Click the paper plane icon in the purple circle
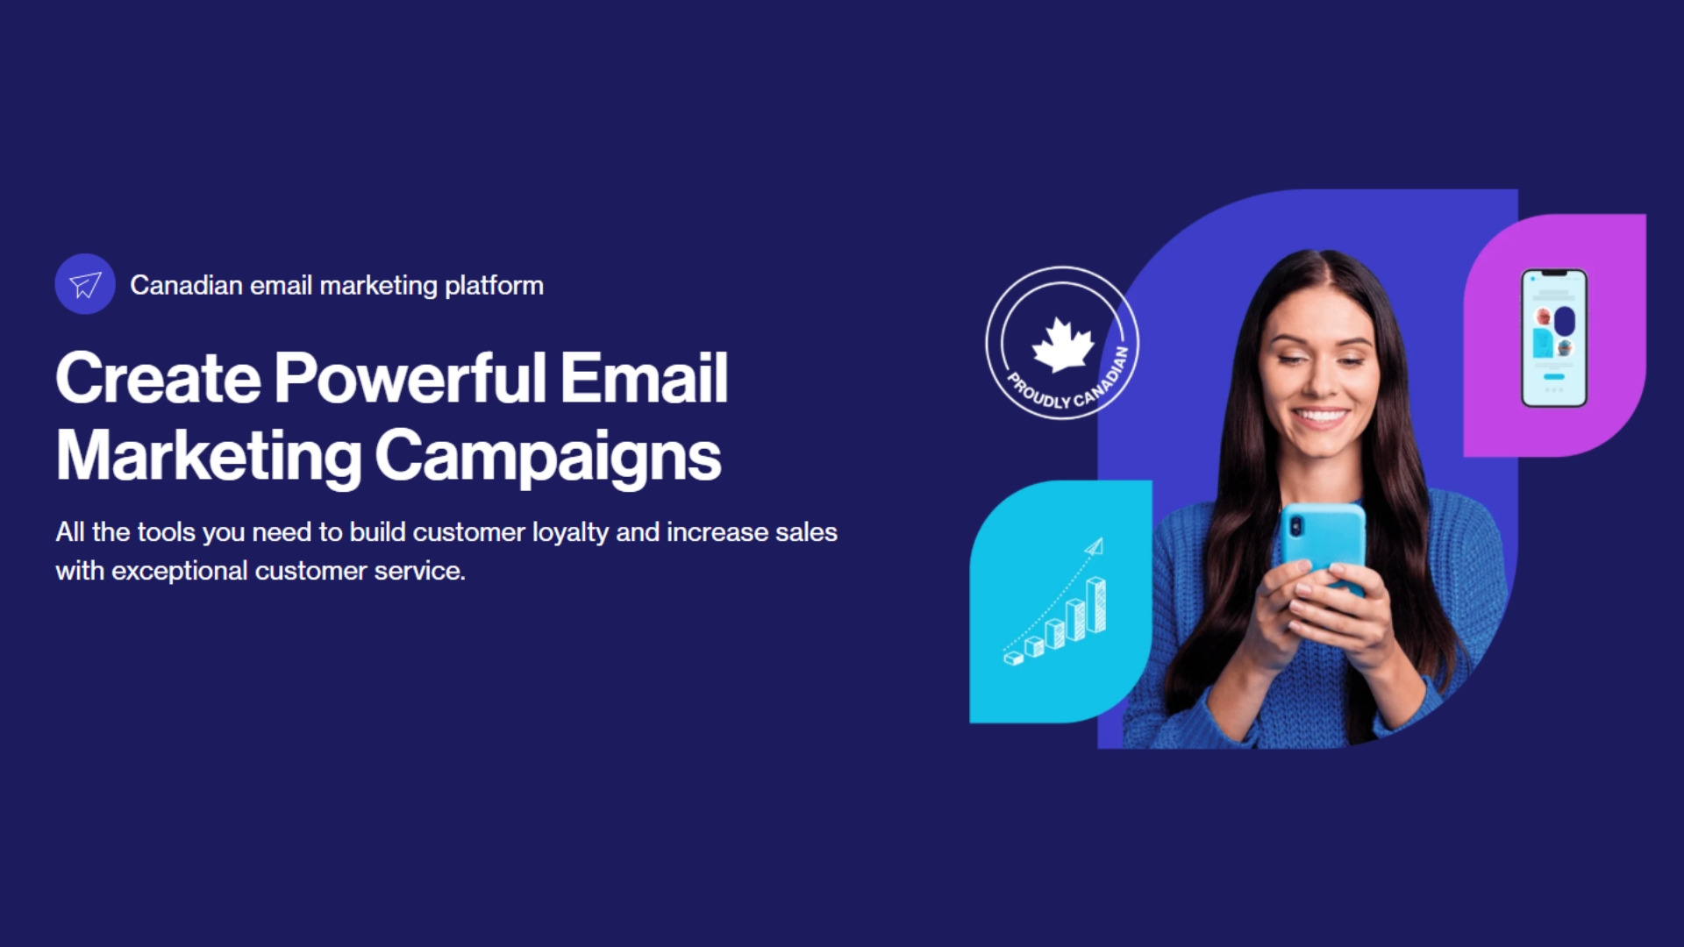pyautogui.click(x=85, y=284)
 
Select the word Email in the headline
pyautogui.click(x=645, y=378)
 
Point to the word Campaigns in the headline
pyautogui.click(x=548, y=457)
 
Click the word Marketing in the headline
pyautogui.click(x=209, y=457)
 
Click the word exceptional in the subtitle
pyautogui.click(x=180, y=571)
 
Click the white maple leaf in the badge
pyautogui.click(x=1063, y=344)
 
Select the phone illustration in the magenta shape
pyautogui.click(x=1554, y=338)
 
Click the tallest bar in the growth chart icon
pyautogui.click(x=1096, y=605)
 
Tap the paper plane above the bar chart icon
pyautogui.click(x=1094, y=547)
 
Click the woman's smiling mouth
pyautogui.click(x=1320, y=417)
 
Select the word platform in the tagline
pyautogui.click(x=494, y=286)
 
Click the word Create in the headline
pyautogui.click(x=159, y=378)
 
